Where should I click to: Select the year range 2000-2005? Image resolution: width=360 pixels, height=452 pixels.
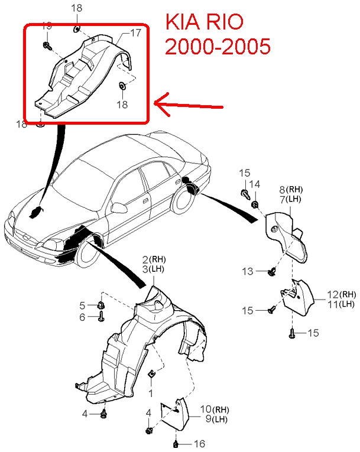pyautogui.click(x=218, y=47)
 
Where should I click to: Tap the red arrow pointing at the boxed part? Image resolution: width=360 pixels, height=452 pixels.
pyautogui.click(x=189, y=105)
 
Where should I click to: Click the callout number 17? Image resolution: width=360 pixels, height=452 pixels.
pyautogui.click(x=135, y=33)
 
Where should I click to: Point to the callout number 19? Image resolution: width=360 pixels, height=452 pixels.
pyautogui.click(x=47, y=25)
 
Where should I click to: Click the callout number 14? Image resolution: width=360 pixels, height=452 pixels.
pyautogui.click(x=254, y=185)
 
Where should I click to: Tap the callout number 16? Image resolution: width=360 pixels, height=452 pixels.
pyautogui.click(x=199, y=443)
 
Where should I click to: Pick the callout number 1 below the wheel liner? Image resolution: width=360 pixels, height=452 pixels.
pyautogui.click(x=150, y=392)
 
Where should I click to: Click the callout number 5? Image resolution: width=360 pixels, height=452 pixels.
pyautogui.click(x=83, y=305)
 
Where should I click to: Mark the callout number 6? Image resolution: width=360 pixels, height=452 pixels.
pyautogui.click(x=83, y=317)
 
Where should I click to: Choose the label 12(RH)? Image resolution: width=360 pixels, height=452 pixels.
pyautogui.click(x=342, y=294)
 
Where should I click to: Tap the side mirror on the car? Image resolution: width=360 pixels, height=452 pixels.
pyautogui.click(x=120, y=208)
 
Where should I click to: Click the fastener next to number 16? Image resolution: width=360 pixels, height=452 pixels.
pyautogui.click(x=176, y=443)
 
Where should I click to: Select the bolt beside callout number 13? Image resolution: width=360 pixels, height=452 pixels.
pyautogui.click(x=273, y=272)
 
